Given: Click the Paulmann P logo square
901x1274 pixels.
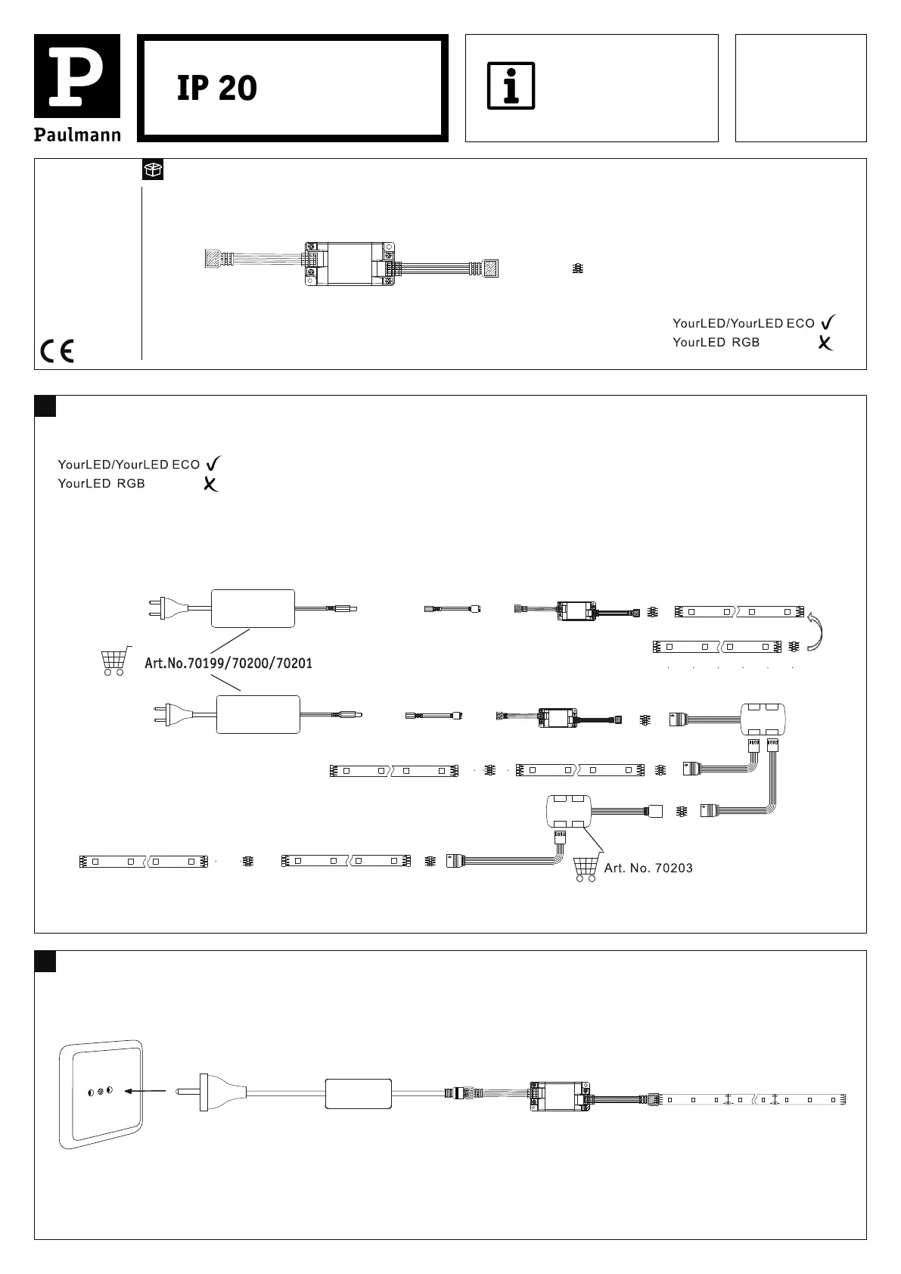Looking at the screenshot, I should (x=77, y=76).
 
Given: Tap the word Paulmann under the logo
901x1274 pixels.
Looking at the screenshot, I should (x=77, y=135).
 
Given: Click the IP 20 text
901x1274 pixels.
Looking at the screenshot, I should (x=217, y=89).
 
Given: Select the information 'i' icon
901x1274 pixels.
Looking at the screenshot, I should (x=511, y=85).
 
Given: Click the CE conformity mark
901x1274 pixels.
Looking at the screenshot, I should (x=57, y=352).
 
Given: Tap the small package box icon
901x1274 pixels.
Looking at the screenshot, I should (x=153, y=170).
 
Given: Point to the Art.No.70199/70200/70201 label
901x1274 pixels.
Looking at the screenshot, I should (x=228, y=664).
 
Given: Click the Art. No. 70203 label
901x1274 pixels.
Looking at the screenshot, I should (x=648, y=868).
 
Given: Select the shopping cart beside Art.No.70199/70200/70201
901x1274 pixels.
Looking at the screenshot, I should (x=113, y=660).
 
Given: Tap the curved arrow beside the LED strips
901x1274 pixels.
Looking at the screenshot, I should (x=816, y=631).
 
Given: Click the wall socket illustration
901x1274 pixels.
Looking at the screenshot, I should (x=101, y=1093).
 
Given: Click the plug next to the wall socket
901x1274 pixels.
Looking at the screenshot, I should (x=211, y=1092).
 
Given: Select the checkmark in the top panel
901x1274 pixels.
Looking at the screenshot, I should (x=828, y=323).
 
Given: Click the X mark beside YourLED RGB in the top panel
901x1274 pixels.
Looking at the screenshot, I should (x=825, y=343).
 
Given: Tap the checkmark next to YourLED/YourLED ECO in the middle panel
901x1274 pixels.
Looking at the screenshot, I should (x=213, y=464).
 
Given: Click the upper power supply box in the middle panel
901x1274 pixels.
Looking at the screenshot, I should (x=253, y=608).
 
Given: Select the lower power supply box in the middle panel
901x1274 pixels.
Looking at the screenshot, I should (x=258, y=714).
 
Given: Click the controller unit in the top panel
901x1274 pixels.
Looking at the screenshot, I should (x=350, y=264).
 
